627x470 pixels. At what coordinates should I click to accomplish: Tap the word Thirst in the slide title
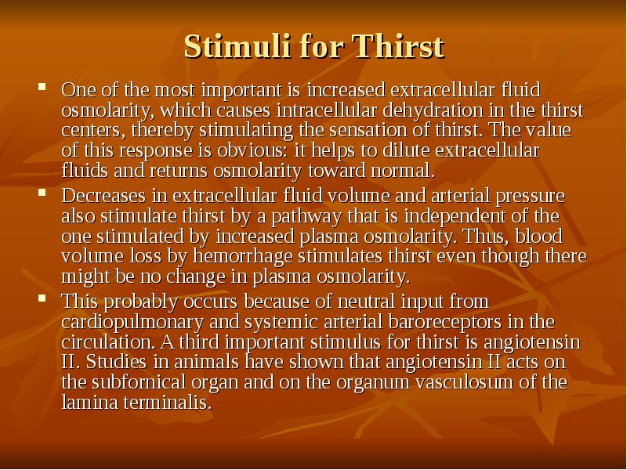(x=399, y=47)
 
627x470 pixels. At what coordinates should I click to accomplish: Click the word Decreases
(x=100, y=195)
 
